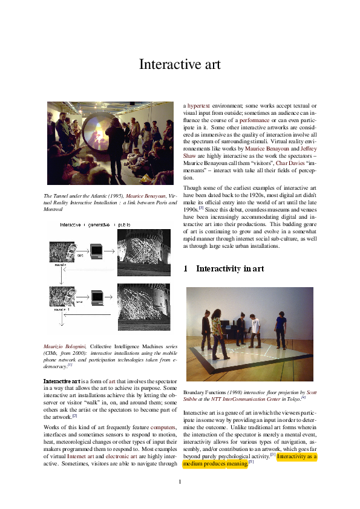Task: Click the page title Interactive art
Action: pos(180,64)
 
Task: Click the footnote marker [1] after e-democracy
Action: pos(70,365)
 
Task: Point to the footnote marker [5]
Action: pos(250,462)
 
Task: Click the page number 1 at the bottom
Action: pos(180,481)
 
